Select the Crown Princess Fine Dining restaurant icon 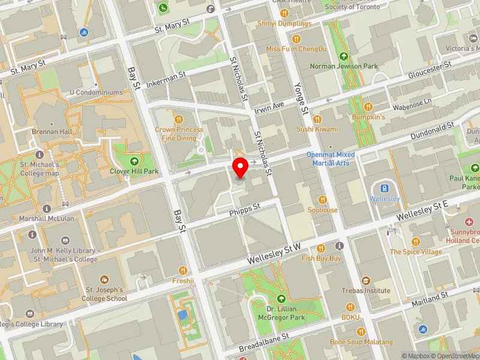178,118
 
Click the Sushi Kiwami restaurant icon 317,118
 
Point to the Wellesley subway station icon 384,187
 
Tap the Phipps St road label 244,207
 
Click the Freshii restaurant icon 183,270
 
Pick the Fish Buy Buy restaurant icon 321,248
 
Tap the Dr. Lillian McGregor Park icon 281,298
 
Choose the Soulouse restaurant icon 323,200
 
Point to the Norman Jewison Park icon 344,56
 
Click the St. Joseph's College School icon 105,280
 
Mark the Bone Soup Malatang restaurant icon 361,331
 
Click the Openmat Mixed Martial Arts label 331,158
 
